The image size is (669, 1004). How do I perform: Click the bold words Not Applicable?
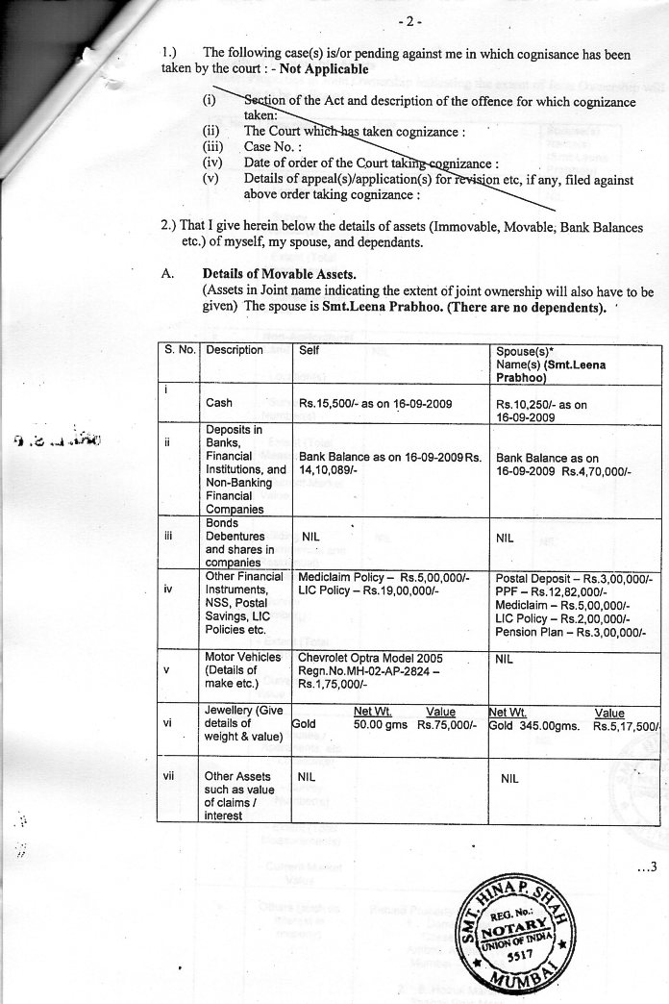[x=322, y=70]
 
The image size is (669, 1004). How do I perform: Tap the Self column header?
[x=310, y=350]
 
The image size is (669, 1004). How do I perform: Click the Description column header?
[x=234, y=350]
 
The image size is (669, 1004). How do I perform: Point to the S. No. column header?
[x=181, y=350]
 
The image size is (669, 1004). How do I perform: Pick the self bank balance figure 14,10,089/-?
[x=330, y=471]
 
